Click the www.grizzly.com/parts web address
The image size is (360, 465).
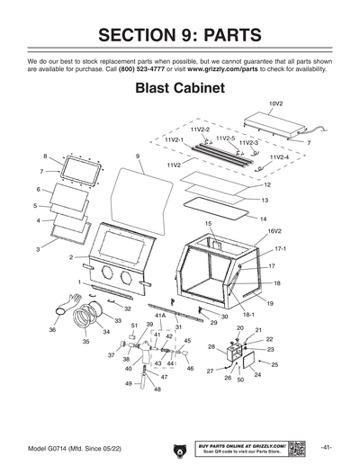point(230,67)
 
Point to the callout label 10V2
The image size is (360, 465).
point(275,103)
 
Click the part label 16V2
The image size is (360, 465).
point(274,232)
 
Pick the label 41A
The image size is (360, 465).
point(160,317)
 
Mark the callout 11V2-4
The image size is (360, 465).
point(280,157)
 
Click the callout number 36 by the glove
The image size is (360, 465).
point(52,330)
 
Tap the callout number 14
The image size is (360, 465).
point(263,219)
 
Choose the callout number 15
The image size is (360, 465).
point(208,223)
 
